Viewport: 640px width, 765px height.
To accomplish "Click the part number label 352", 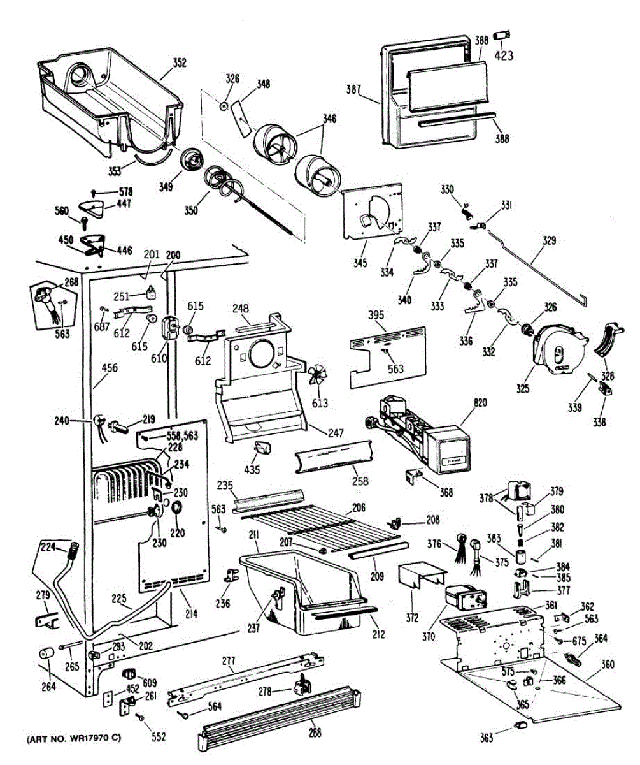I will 180,62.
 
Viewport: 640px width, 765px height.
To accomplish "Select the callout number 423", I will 503,54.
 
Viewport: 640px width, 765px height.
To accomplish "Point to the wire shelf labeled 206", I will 318,523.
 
